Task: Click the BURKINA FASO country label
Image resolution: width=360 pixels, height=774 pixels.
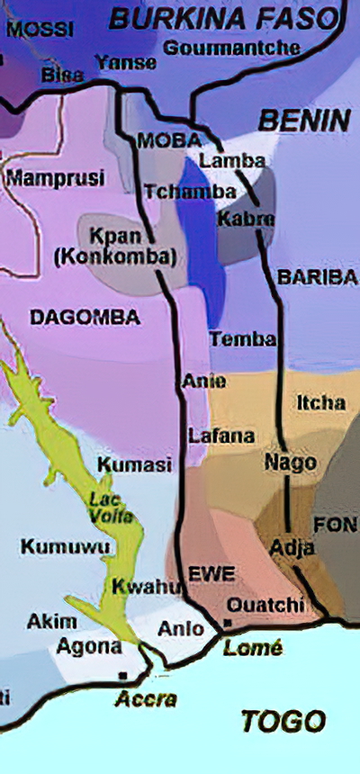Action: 227,17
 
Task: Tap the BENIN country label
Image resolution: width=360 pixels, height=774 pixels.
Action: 291,120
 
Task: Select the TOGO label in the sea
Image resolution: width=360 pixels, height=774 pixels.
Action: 283,720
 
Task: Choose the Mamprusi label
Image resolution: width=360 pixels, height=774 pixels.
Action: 55,177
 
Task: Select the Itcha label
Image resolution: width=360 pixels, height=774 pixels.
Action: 320,403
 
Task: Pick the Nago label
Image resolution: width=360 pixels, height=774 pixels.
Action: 290,463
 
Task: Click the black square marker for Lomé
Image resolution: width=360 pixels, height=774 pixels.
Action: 228,623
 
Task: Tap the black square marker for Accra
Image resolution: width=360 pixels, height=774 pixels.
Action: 122,674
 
